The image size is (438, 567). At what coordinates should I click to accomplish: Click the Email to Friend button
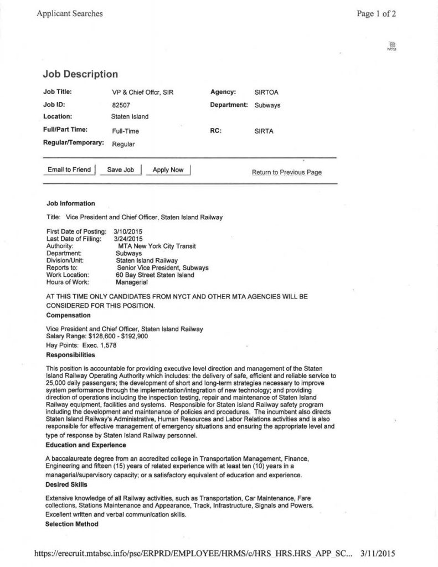[69, 170]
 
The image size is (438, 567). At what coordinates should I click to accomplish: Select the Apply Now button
[168, 170]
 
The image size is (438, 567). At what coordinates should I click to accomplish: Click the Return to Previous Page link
[286, 172]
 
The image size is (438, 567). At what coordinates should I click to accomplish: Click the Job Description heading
[80, 74]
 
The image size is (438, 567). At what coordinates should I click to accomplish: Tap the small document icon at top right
[391, 45]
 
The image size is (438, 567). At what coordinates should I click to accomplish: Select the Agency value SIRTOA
[266, 92]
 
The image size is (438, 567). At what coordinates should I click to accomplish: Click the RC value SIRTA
[264, 131]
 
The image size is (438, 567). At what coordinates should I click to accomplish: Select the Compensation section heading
[69, 315]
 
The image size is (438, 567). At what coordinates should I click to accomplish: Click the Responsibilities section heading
[71, 354]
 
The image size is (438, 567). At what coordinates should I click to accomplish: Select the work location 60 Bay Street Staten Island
[155, 275]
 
